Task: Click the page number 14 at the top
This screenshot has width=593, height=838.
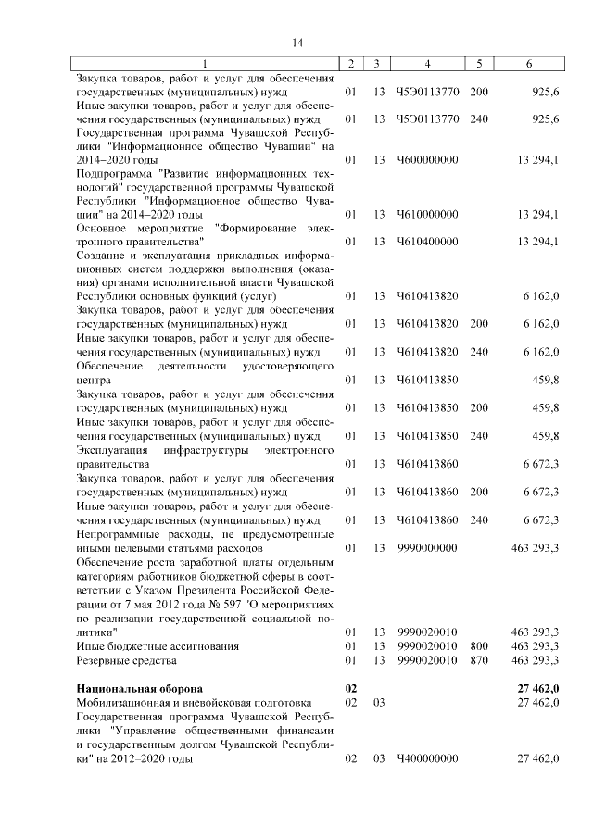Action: click(x=297, y=43)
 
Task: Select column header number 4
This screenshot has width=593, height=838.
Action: click(x=426, y=64)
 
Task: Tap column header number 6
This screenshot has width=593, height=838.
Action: click(x=528, y=64)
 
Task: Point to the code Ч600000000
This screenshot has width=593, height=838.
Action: click(x=427, y=160)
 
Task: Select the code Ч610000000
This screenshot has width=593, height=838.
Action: click(x=427, y=215)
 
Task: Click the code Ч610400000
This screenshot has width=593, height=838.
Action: click(x=427, y=242)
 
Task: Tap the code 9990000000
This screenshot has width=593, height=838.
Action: click(x=427, y=548)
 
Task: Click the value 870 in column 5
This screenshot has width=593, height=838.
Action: click(x=479, y=660)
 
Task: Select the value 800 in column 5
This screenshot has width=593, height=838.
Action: click(x=479, y=645)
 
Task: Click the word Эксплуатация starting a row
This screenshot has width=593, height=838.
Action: click(x=111, y=450)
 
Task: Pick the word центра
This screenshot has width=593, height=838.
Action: click(x=93, y=380)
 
